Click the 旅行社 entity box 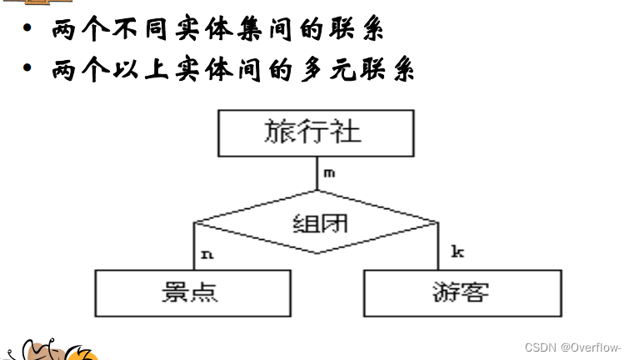click(x=315, y=132)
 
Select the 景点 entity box click(x=192, y=292)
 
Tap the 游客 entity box click(x=462, y=292)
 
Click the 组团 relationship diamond click(x=315, y=222)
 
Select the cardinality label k click(x=457, y=250)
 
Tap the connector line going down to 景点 click(x=193, y=247)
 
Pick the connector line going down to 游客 click(x=437, y=247)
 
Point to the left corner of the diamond click(x=195, y=222)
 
